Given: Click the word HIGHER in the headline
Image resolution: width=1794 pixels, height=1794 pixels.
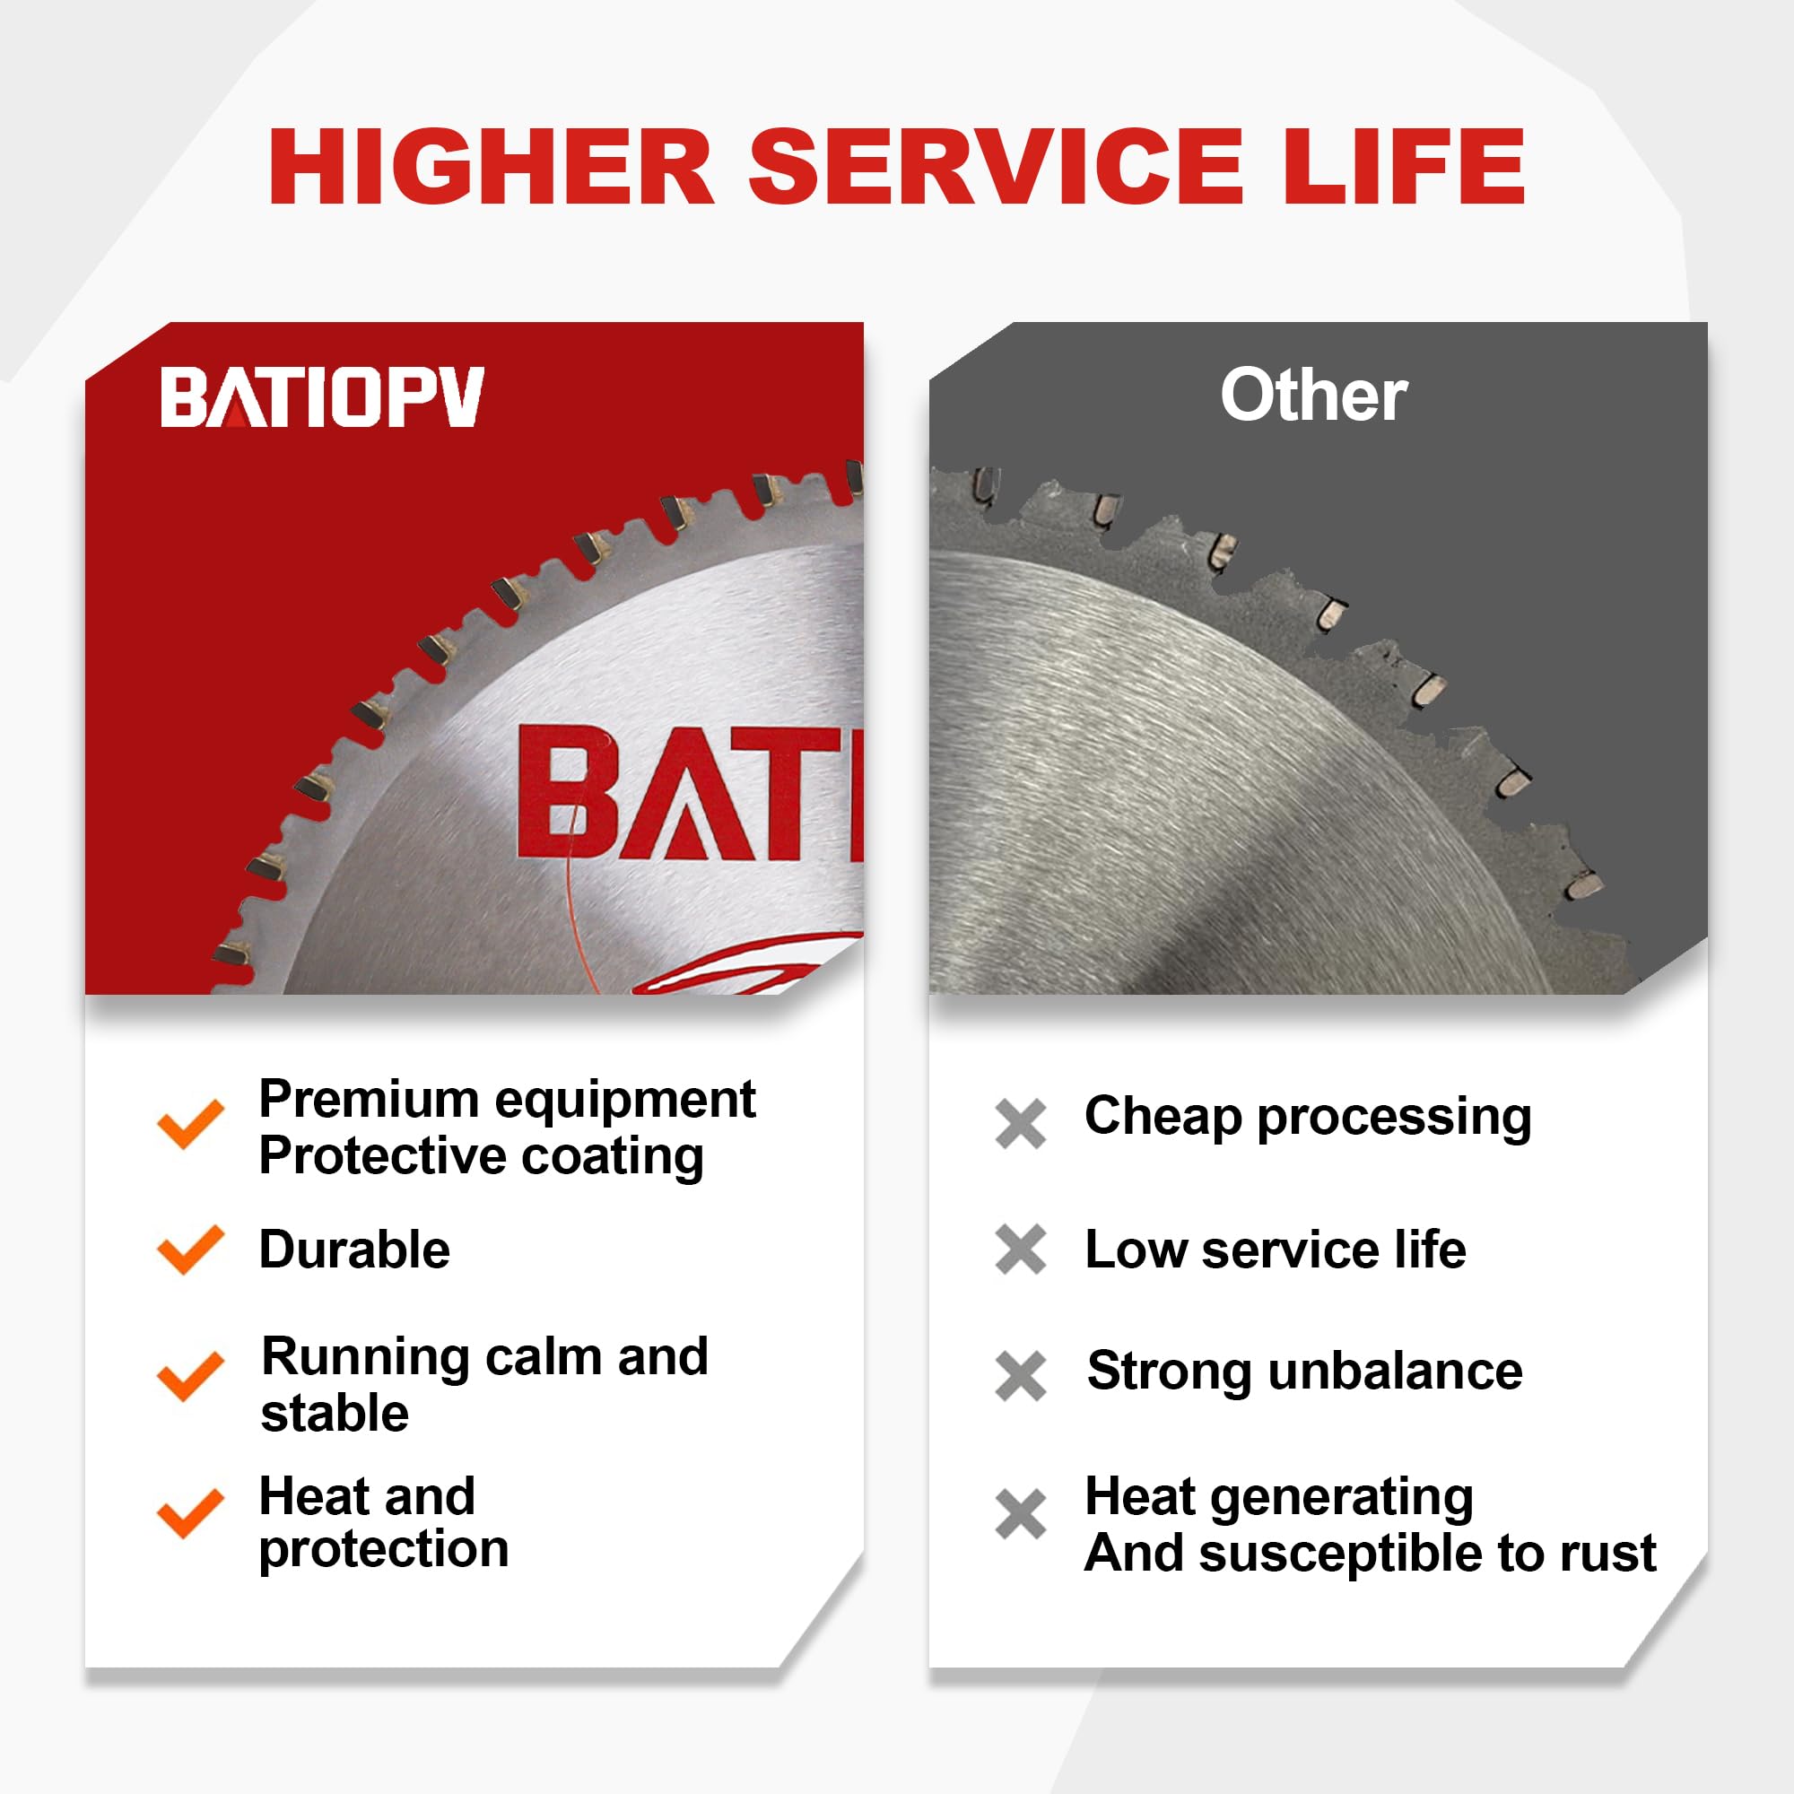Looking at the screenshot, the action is [x=492, y=167].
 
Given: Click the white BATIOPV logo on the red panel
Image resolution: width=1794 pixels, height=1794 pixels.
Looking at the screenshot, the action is [x=322, y=396].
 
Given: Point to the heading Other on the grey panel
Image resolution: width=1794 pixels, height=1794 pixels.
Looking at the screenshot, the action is [x=1313, y=396].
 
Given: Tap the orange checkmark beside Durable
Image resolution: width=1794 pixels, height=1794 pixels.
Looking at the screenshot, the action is [x=190, y=1250].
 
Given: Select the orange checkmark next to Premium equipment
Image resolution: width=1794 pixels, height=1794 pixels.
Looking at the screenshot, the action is [x=190, y=1124].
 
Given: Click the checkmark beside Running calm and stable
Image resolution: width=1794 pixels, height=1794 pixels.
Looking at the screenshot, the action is [x=190, y=1376].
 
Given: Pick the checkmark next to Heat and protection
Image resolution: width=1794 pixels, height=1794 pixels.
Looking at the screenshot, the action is [x=190, y=1513].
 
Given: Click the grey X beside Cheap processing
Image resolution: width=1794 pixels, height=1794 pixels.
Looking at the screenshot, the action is [x=1021, y=1124].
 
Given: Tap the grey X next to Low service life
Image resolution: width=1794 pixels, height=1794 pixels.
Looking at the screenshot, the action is [x=1021, y=1249].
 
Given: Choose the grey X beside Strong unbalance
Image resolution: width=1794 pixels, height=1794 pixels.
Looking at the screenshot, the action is [x=1021, y=1375].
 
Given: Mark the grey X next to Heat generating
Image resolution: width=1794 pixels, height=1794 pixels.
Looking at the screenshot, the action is [x=1021, y=1514].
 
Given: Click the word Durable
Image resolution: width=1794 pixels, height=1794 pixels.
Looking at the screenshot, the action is [x=354, y=1250].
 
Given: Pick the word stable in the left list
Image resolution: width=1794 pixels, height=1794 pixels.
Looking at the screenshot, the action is [x=335, y=1415].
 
